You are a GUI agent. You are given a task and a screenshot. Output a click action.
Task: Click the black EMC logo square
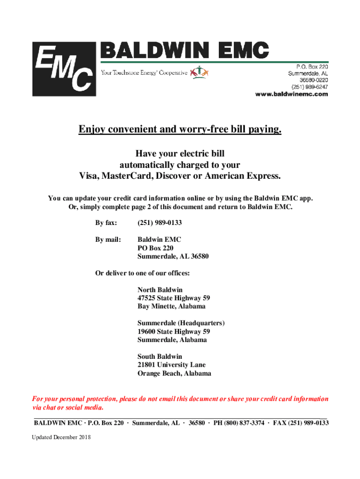(x=64, y=69)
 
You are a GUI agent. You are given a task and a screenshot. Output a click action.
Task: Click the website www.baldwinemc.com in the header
(x=291, y=94)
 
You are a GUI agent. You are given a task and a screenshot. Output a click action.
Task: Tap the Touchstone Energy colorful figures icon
(x=200, y=72)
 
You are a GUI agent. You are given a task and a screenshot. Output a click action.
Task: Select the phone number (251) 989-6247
(x=310, y=87)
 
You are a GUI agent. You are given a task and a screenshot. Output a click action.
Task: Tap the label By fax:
(x=106, y=223)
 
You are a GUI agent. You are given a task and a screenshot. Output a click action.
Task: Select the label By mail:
(x=108, y=239)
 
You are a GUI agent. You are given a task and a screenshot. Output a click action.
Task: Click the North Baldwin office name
(x=160, y=290)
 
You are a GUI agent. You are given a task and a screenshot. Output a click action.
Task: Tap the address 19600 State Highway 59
(x=173, y=332)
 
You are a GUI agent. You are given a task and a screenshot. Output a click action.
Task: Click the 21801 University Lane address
(x=172, y=365)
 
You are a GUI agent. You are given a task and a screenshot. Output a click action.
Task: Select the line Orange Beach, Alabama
(x=174, y=373)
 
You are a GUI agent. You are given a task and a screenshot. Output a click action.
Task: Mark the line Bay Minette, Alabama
(x=171, y=306)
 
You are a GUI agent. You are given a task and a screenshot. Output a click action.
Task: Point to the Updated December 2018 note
(x=61, y=437)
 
